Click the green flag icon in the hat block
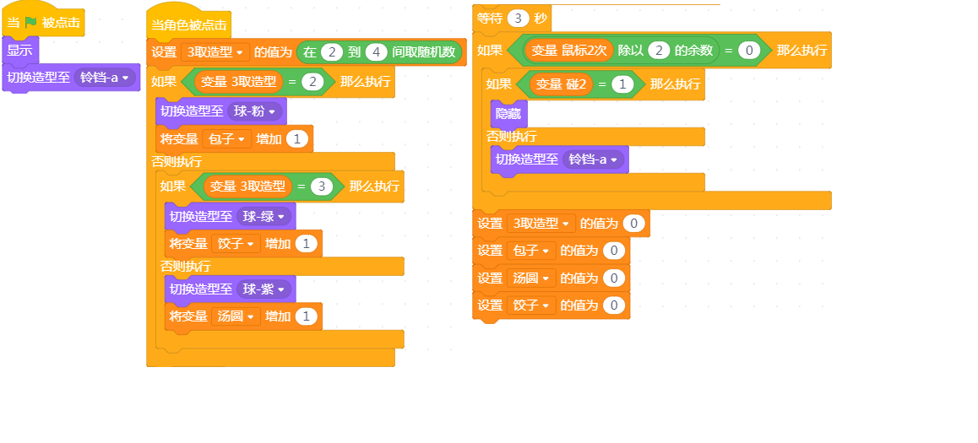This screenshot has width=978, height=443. click(x=31, y=23)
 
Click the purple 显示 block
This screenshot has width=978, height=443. click(x=20, y=51)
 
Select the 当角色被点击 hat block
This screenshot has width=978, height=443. click(x=189, y=25)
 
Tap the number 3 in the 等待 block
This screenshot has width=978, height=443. click(x=519, y=18)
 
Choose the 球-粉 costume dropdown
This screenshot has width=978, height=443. click(x=254, y=112)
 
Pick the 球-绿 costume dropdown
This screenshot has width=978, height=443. click(x=264, y=216)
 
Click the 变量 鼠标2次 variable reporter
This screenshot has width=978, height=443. click(x=568, y=51)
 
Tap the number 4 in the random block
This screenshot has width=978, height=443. click(x=376, y=52)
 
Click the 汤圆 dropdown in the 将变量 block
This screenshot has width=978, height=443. click(x=236, y=316)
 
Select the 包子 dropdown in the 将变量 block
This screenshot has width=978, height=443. click(x=226, y=139)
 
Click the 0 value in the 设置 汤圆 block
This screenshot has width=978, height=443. click(x=614, y=278)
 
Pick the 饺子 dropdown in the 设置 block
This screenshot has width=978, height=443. click(x=530, y=305)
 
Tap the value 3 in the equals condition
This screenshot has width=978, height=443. click(x=322, y=186)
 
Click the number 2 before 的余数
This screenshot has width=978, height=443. click(x=660, y=51)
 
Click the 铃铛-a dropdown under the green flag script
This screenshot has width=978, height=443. click(x=105, y=78)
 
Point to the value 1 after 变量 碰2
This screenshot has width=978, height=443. click(x=622, y=84)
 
